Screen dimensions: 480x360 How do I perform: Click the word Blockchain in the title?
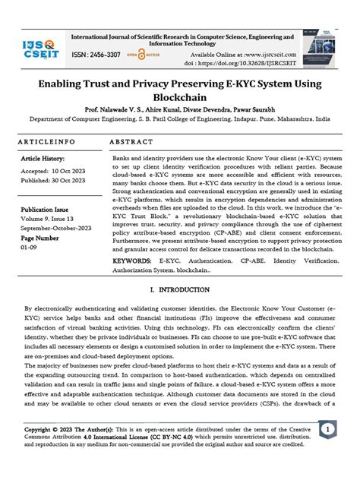tap(180, 98)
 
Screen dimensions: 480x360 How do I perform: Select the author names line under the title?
tap(180, 109)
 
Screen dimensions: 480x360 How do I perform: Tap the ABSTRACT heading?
tap(132, 142)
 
